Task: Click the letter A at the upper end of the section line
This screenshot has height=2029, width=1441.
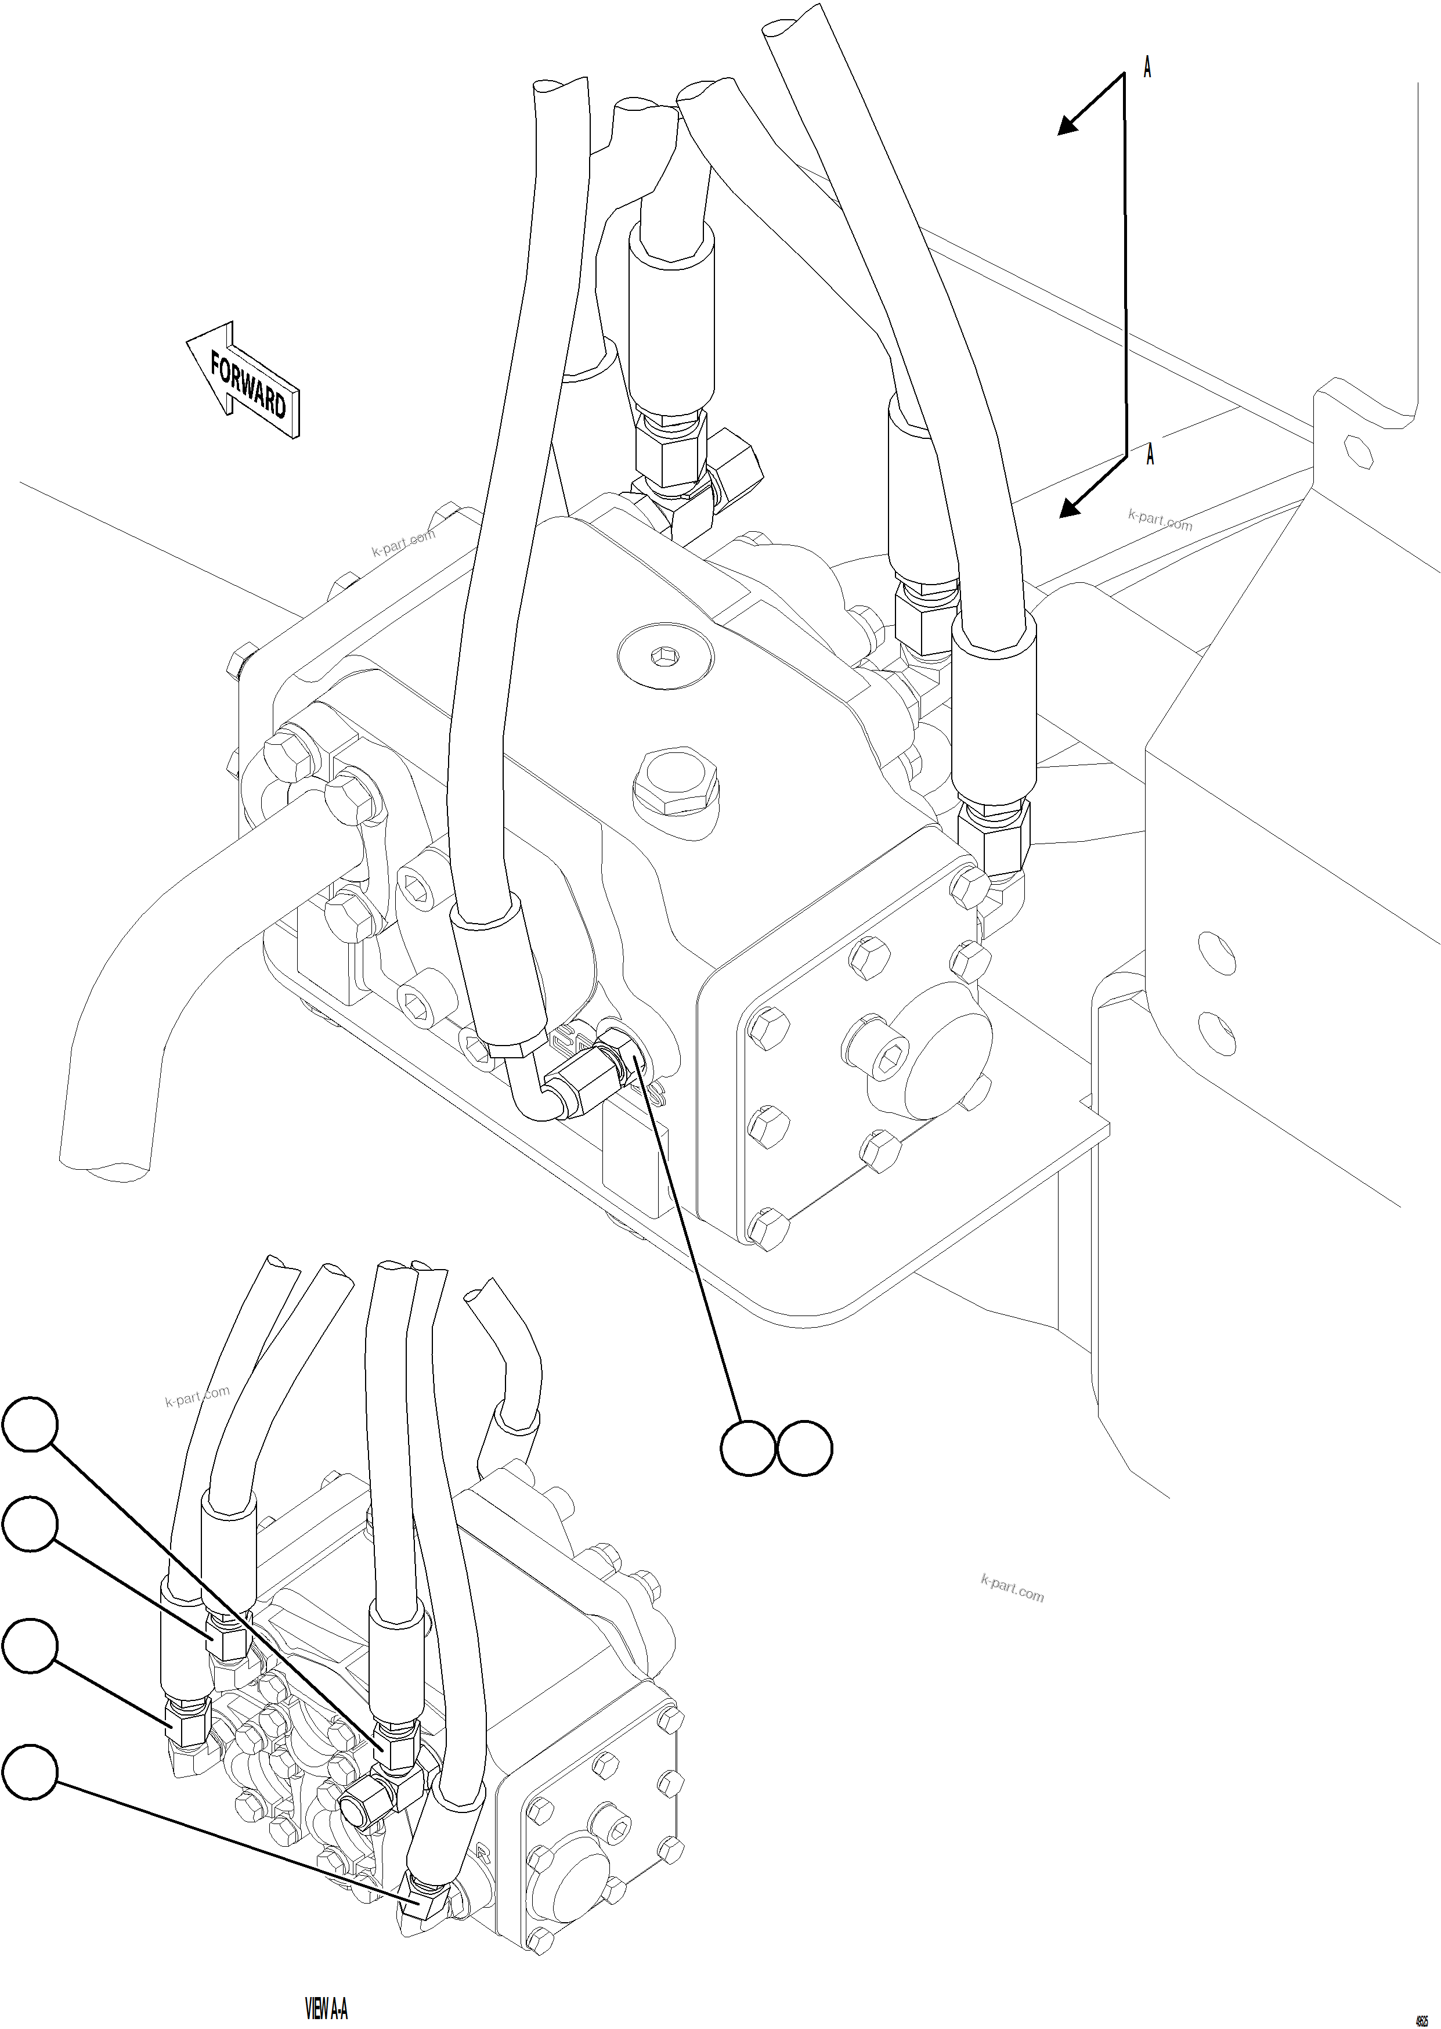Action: [x=1147, y=67]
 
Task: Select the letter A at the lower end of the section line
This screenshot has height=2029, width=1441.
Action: [x=1150, y=455]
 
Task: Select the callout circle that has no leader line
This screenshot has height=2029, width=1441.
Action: [x=805, y=1448]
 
